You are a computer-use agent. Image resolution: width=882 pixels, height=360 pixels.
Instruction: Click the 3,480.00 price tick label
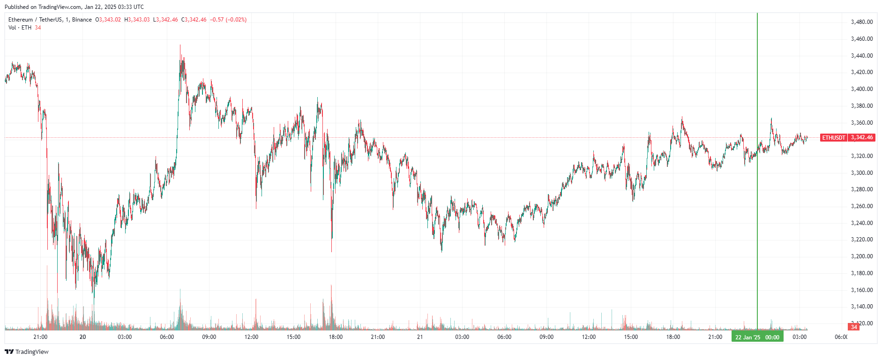(x=861, y=22)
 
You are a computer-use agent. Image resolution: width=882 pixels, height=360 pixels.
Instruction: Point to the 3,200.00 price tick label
(x=861, y=256)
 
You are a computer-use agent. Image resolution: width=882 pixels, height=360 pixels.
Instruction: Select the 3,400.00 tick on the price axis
(x=861, y=89)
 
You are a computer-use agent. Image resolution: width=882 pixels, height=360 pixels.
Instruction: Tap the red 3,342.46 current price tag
(x=861, y=137)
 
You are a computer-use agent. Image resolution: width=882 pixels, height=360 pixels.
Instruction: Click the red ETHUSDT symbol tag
(x=834, y=137)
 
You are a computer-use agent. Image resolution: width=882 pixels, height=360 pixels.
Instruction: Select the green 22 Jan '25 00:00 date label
(x=757, y=337)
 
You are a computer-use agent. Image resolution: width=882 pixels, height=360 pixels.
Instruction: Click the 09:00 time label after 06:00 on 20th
(x=209, y=337)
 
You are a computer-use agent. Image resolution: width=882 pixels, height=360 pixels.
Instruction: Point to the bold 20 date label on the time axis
(x=83, y=337)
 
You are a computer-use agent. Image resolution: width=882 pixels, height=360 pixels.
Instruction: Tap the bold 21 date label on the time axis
(x=420, y=337)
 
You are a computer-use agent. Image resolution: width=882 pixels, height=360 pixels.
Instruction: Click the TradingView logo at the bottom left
(x=27, y=352)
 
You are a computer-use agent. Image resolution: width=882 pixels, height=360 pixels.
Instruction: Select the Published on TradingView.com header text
(x=74, y=7)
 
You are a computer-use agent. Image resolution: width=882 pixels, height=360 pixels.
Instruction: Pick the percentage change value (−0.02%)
(x=236, y=20)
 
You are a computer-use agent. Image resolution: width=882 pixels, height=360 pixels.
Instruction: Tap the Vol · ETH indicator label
(x=20, y=28)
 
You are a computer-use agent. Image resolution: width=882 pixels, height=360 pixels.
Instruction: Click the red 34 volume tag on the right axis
(x=854, y=327)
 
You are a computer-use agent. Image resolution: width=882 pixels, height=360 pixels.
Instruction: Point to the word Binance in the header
(x=82, y=20)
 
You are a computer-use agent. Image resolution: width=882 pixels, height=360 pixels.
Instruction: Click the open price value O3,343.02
(x=108, y=20)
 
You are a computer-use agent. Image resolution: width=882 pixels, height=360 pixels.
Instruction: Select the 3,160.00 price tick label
(x=861, y=290)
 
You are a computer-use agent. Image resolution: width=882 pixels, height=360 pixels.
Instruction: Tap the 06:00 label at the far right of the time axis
(x=841, y=337)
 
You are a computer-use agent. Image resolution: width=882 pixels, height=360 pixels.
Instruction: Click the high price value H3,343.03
(x=137, y=20)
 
